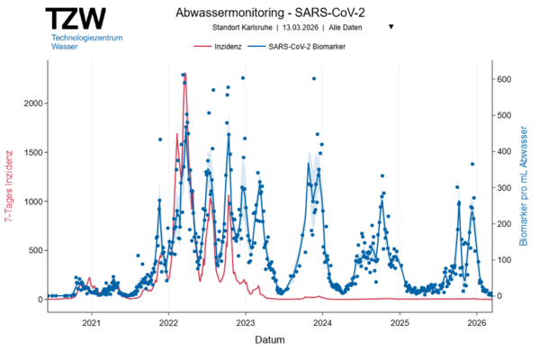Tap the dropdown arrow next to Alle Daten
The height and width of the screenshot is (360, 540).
pyautogui.click(x=391, y=27)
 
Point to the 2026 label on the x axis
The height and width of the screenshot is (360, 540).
pyautogui.click(x=477, y=322)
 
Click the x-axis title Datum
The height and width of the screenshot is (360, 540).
pyautogui.click(x=270, y=341)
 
